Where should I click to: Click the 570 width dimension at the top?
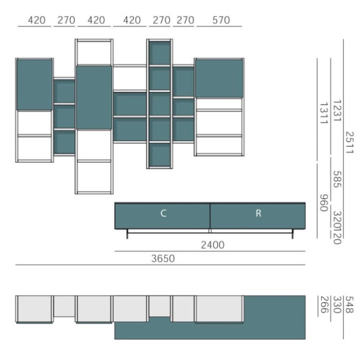(221, 20)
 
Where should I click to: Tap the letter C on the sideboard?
(163, 213)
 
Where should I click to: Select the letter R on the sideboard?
(258, 213)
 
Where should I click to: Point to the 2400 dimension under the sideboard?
(212, 245)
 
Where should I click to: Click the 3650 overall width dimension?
(163, 259)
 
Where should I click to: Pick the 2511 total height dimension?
(349, 142)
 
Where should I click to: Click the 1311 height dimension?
(323, 113)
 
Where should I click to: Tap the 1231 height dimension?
(337, 111)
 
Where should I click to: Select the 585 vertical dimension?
(337, 179)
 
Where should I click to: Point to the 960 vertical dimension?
(323, 203)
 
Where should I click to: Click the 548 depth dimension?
(349, 304)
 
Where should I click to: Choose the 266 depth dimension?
(323, 304)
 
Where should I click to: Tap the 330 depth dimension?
(337, 304)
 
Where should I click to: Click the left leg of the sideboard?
(127, 233)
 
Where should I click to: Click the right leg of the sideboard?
(293, 233)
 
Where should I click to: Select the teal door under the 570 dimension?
(219, 78)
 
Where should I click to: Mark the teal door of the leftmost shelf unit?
(34, 85)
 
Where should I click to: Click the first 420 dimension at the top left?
(37, 20)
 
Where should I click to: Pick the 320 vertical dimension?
(337, 219)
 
